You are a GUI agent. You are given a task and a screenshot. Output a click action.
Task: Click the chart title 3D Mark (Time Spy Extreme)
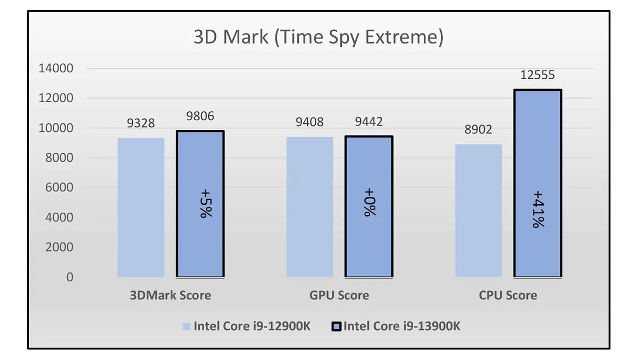coord(318,38)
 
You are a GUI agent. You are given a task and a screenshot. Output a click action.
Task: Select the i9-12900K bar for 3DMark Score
coord(141,207)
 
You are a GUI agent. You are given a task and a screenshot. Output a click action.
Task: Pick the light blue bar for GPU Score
coord(310,207)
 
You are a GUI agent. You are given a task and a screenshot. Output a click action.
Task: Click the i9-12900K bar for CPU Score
coord(478,211)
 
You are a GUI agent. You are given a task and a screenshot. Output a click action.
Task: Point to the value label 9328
coord(141,123)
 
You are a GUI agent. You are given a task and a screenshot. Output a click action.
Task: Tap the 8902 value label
coord(478,130)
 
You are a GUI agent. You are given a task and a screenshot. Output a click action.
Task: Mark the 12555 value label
coord(538,76)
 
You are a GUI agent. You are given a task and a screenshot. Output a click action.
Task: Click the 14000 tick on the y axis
coord(55,69)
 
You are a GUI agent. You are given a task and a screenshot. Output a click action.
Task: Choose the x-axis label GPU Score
coord(339,295)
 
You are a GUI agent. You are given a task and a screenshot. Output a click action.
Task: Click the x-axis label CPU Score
coord(508,295)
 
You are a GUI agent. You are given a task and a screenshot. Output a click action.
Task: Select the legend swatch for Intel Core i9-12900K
coord(186,326)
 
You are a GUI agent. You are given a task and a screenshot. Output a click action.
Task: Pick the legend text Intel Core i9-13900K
coord(402,326)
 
